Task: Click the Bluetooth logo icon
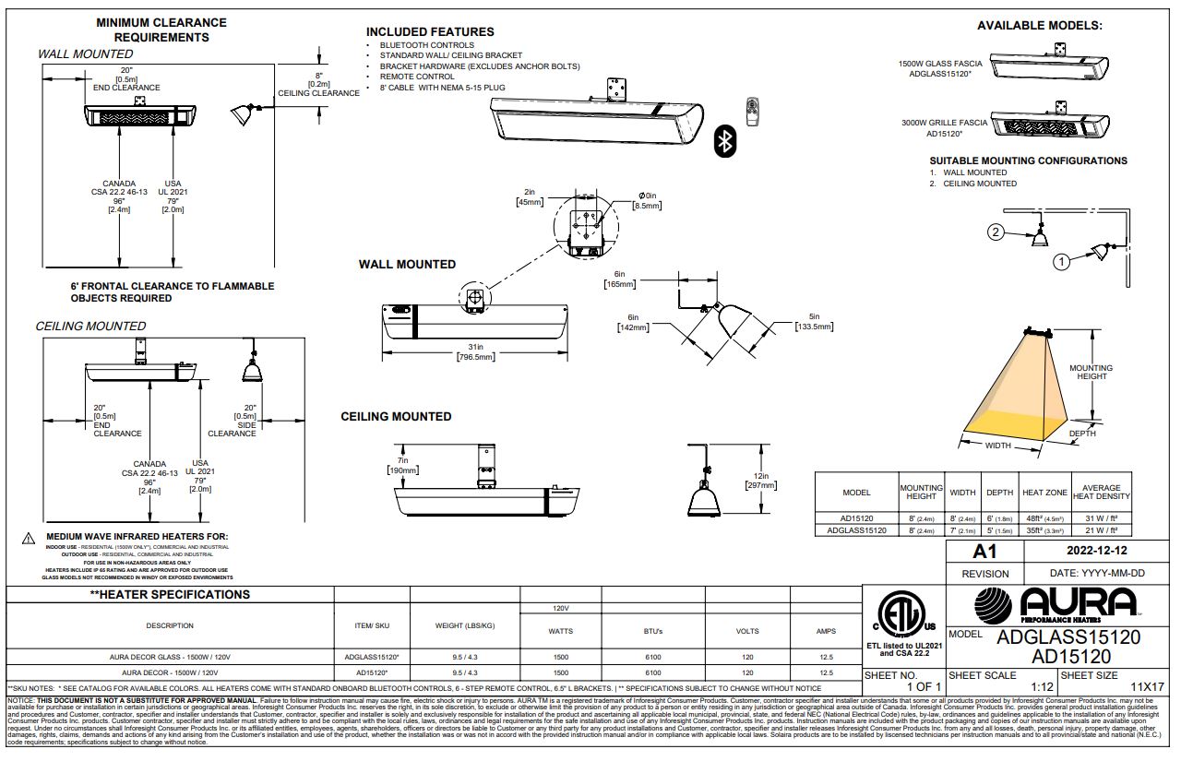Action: point(726,141)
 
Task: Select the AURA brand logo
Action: point(1056,605)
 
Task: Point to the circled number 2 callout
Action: point(996,232)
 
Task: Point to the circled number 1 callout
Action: point(1061,262)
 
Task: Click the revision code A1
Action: point(985,552)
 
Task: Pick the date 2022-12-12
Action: point(1095,552)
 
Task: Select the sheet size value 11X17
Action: point(1147,687)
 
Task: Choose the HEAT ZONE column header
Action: point(1044,493)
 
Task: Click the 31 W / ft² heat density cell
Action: point(1101,517)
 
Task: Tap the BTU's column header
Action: point(652,631)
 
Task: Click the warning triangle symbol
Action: point(29,537)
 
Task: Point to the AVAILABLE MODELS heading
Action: point(1039,26)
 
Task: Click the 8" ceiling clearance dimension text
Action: point(318,84)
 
